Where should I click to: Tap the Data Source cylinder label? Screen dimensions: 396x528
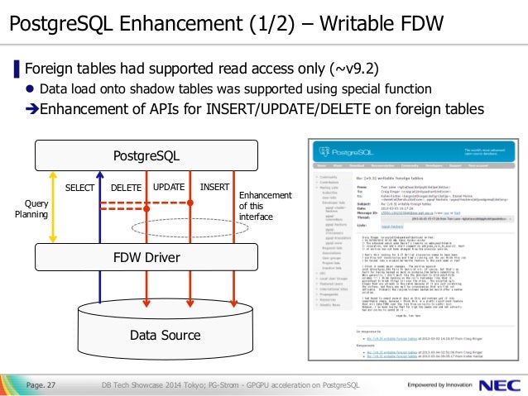pos(165,335)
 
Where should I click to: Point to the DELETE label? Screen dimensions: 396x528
pos(127,188)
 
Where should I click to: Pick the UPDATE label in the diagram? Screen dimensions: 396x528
pos(169,188)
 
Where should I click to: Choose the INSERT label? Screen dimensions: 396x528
pos(214,188)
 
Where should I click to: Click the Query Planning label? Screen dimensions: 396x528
pos(31,208)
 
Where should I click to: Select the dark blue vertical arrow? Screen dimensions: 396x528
pos(99,240)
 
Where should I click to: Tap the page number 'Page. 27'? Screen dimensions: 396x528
pos(41,385)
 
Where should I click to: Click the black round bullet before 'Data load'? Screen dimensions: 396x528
pos(31,89)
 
